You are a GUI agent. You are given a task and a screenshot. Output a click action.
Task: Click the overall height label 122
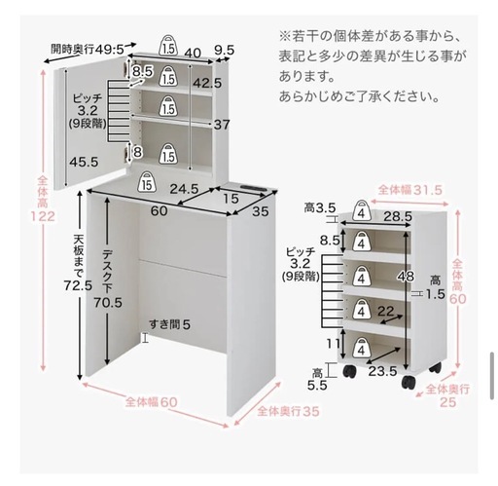43,216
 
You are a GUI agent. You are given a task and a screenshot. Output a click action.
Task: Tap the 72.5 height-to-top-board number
78,285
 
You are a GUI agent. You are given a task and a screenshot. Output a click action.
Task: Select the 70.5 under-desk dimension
108,303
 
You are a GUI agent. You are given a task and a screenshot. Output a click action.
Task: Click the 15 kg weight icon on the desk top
147,181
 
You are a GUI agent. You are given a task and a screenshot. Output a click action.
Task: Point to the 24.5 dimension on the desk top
184,189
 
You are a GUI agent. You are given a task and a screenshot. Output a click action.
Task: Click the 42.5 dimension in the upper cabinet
207,84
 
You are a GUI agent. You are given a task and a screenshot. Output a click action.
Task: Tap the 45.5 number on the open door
84,162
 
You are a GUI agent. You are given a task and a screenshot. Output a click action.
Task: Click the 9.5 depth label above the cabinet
225,51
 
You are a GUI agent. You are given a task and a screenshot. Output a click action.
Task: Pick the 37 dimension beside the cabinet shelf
222,125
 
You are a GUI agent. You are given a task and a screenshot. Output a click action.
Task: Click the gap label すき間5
169,324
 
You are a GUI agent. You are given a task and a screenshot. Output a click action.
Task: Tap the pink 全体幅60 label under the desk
152,402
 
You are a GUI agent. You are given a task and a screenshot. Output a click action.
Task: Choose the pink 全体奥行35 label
288,412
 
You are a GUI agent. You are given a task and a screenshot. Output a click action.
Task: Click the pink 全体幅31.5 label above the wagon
410,190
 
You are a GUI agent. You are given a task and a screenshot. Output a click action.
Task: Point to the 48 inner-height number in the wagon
406,277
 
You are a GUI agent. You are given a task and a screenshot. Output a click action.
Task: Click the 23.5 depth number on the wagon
382,371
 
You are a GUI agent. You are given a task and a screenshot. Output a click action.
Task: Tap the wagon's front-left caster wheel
350,371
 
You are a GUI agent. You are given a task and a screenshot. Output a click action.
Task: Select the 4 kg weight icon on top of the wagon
361,210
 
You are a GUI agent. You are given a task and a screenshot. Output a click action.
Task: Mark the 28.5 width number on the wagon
398,216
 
